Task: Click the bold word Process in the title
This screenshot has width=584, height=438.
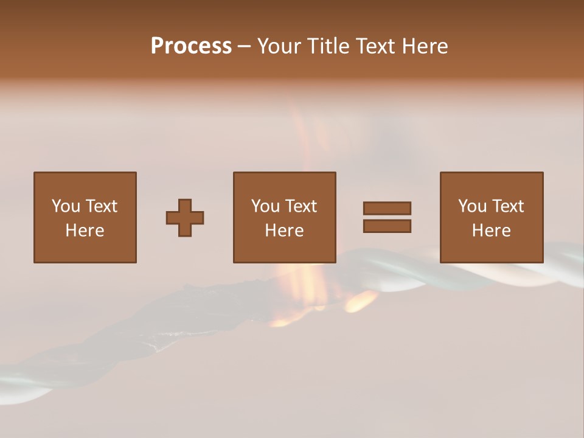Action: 191,46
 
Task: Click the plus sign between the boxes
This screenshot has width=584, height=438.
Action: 185,218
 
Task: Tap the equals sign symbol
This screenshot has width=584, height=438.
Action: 387,217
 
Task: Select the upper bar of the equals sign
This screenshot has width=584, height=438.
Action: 387,209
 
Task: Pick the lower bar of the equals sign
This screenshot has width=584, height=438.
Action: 387,226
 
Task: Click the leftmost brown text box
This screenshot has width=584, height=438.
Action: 85,217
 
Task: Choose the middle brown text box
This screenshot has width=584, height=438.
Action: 284,217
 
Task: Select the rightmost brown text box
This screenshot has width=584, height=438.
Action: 492,217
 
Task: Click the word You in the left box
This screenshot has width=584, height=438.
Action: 66,206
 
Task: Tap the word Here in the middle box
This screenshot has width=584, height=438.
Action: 284,231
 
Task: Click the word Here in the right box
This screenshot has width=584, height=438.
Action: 492,231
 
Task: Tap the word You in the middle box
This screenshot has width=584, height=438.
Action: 266,206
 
